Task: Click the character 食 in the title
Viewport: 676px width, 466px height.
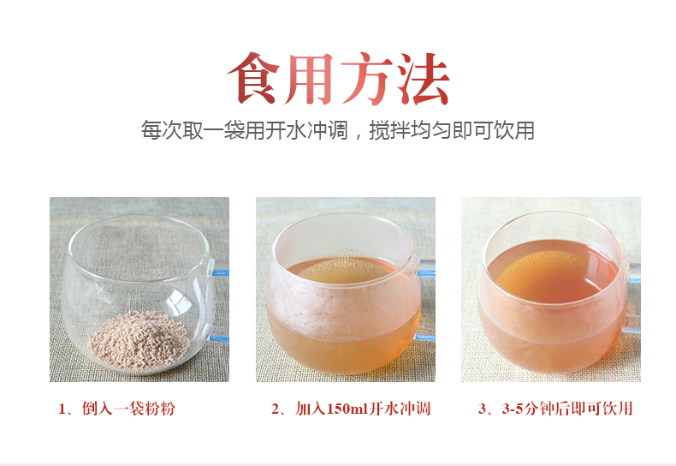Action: [256, 79]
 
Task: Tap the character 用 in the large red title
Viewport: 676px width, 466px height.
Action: [311, 79]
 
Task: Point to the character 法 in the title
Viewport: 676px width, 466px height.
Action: [422, 79]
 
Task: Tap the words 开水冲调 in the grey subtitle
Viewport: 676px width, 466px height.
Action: [305, 130]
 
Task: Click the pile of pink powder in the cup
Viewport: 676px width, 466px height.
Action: [139, 339]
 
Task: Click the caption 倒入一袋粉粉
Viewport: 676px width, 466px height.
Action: [127, 409]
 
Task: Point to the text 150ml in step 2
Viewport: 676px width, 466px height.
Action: [347, 409]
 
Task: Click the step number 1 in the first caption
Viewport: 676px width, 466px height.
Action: [62, 409]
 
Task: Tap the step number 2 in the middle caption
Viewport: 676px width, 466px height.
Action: [276, 409]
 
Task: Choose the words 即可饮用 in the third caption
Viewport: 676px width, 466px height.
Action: [606, 409]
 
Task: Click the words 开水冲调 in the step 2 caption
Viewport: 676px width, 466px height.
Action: [400, 409]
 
